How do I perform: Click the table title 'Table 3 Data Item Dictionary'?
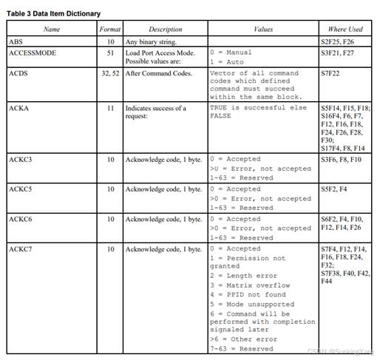53,13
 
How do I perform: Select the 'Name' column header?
52,30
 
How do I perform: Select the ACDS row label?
18,73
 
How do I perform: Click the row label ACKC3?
20,158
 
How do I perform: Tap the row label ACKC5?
20,189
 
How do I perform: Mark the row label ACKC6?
20,219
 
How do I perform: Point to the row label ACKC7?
20,249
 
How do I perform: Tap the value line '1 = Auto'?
231,62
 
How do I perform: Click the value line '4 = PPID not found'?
248,294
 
